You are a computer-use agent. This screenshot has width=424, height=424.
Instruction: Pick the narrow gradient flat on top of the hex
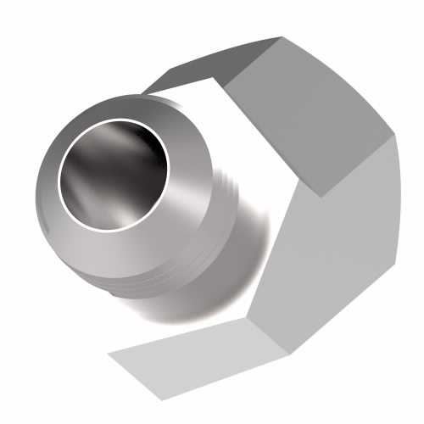click(x=212, y=64)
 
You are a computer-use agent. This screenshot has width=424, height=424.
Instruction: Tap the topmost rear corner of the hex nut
click(x=281, y=37)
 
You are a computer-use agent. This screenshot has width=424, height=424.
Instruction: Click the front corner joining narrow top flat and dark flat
click(x=226, y=84)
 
